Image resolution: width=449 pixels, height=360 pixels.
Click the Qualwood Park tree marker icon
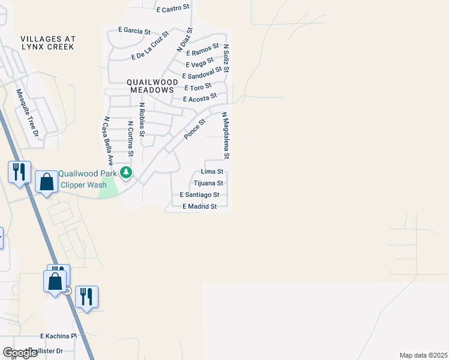(x=126, y=173)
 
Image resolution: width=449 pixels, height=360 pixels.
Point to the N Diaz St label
(x=184, y=39)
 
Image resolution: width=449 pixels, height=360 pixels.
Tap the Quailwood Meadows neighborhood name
(x=152, y=86)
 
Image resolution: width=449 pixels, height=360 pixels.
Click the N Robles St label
(x=142, y=120)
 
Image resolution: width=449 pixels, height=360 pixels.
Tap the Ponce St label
(x=194, y=129)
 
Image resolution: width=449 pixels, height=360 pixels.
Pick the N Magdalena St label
(x=226, y=135)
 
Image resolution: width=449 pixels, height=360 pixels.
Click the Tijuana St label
(x=209, y=183)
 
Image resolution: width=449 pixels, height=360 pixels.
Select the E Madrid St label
(x=199, y=206)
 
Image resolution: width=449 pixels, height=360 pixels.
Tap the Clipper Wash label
(x=83, y=185)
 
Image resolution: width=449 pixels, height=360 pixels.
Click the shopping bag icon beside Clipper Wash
(x=46, y=182)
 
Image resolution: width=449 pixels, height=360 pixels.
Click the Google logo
(x=20, y=353)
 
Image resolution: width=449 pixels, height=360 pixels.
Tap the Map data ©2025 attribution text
(x=423, y=355)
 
